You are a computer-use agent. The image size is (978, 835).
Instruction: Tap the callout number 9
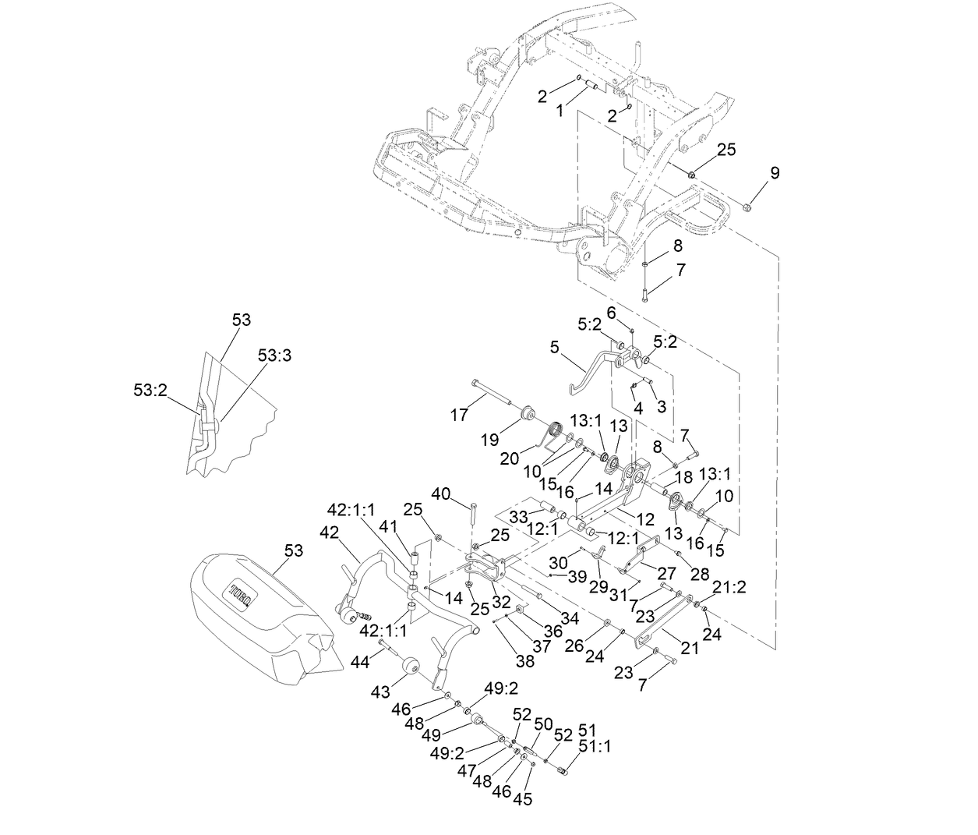[774, 173]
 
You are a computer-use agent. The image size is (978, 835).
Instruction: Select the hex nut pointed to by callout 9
[747, 207]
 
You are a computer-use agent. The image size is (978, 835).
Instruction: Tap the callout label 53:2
[150, 389]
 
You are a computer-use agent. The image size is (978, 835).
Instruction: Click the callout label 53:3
[275, 356]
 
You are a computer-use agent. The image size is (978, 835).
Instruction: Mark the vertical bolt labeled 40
[472, 521]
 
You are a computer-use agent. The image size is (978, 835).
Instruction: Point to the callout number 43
[381, 692]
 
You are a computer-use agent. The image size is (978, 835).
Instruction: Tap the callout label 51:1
[597, 746]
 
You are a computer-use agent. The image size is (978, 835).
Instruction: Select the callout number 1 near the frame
[559, 111]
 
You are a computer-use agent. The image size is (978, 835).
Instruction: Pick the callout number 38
[525, 660]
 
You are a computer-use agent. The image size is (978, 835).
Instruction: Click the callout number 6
[612, 311]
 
